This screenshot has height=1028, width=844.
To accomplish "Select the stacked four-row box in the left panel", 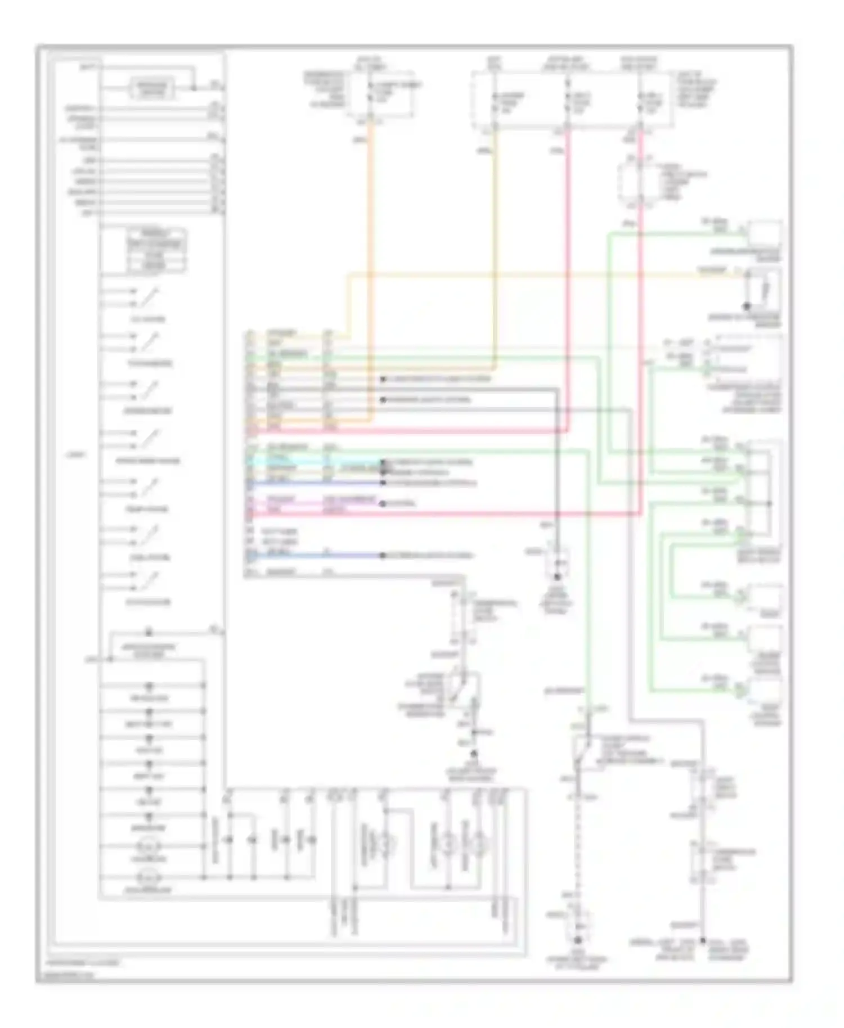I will pyautogui.click(x=156, y=251).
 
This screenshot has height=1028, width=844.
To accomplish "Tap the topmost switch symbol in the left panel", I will pyautogui.click(x=147, y=297).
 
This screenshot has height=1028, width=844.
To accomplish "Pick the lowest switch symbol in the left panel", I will pyautogui.click(x=147, y=581).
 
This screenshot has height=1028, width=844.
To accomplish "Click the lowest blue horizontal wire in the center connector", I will pyautogui.click(x=315, y=556).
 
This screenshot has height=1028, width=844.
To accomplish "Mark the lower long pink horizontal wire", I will pyautogui.click(x=450, y=513).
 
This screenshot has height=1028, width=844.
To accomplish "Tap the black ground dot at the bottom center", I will pyautogui.click(x=577, y=940).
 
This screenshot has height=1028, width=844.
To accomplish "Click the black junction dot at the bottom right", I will pyautogui.click(x=703, y=940).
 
